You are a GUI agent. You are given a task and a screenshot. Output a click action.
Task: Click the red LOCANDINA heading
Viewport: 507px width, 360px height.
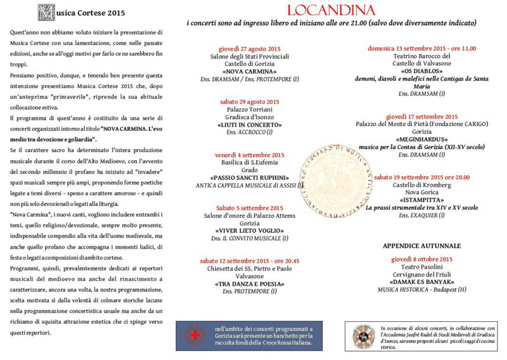[331, 10]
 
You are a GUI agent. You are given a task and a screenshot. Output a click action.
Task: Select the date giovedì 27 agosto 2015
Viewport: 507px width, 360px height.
[248, 49]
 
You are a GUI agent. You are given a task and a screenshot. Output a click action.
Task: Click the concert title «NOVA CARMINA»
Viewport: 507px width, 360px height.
[249, 72]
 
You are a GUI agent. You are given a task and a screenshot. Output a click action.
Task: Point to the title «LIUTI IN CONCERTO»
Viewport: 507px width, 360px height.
[249, 124]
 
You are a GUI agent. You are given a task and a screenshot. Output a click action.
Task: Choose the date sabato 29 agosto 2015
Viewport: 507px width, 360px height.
[249, 101]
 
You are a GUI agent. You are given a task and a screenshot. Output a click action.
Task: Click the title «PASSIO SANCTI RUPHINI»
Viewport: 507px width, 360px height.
[249, 177]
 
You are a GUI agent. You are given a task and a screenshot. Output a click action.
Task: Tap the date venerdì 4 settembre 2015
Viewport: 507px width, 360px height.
[249, 155]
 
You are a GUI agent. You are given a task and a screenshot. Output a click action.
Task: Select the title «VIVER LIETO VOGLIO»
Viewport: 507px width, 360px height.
[249, 231]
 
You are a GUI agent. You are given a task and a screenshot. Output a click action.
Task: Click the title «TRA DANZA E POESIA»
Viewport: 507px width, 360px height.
[249, 284]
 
